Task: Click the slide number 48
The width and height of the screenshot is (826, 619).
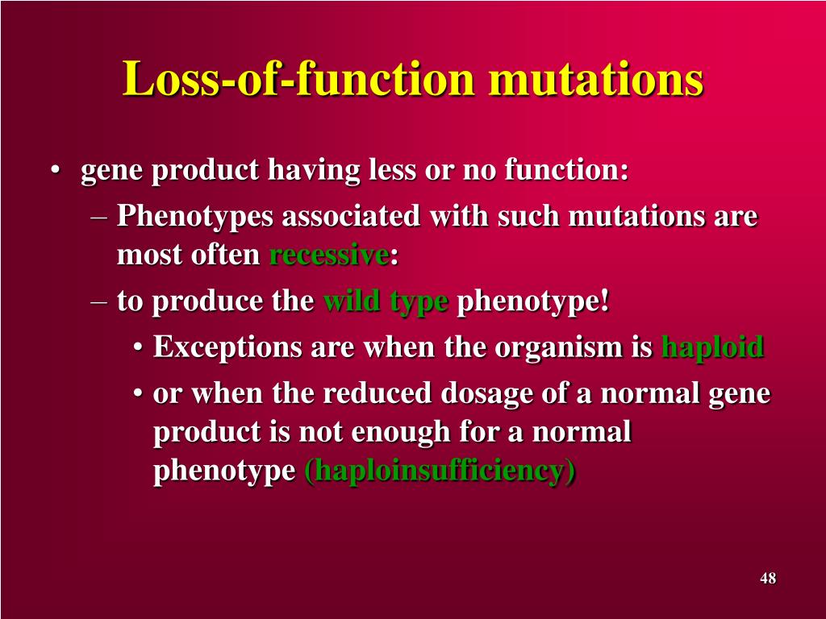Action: pos(768,578)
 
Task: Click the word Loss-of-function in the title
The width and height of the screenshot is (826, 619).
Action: pos(298,78)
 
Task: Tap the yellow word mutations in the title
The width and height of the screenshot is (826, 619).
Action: pos(596,79)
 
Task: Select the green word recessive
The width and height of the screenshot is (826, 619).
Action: pos(329,255)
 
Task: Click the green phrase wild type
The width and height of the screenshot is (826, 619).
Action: pos(386,302)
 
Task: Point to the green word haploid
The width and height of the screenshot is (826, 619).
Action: pos(713,347)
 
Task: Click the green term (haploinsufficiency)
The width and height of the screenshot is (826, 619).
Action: pos(440,470)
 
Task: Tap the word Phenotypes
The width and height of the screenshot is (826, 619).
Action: pos(194,217)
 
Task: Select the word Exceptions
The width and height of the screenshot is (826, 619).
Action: pos(227,347)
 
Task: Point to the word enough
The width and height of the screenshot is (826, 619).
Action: pos(400,433)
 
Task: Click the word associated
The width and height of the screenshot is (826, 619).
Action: pos(352,216)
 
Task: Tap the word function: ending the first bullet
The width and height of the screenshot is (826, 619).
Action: pos(566,169)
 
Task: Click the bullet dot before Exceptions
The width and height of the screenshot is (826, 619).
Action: pos(137,348)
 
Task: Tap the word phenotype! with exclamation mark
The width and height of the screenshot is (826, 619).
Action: pos(533,302)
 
